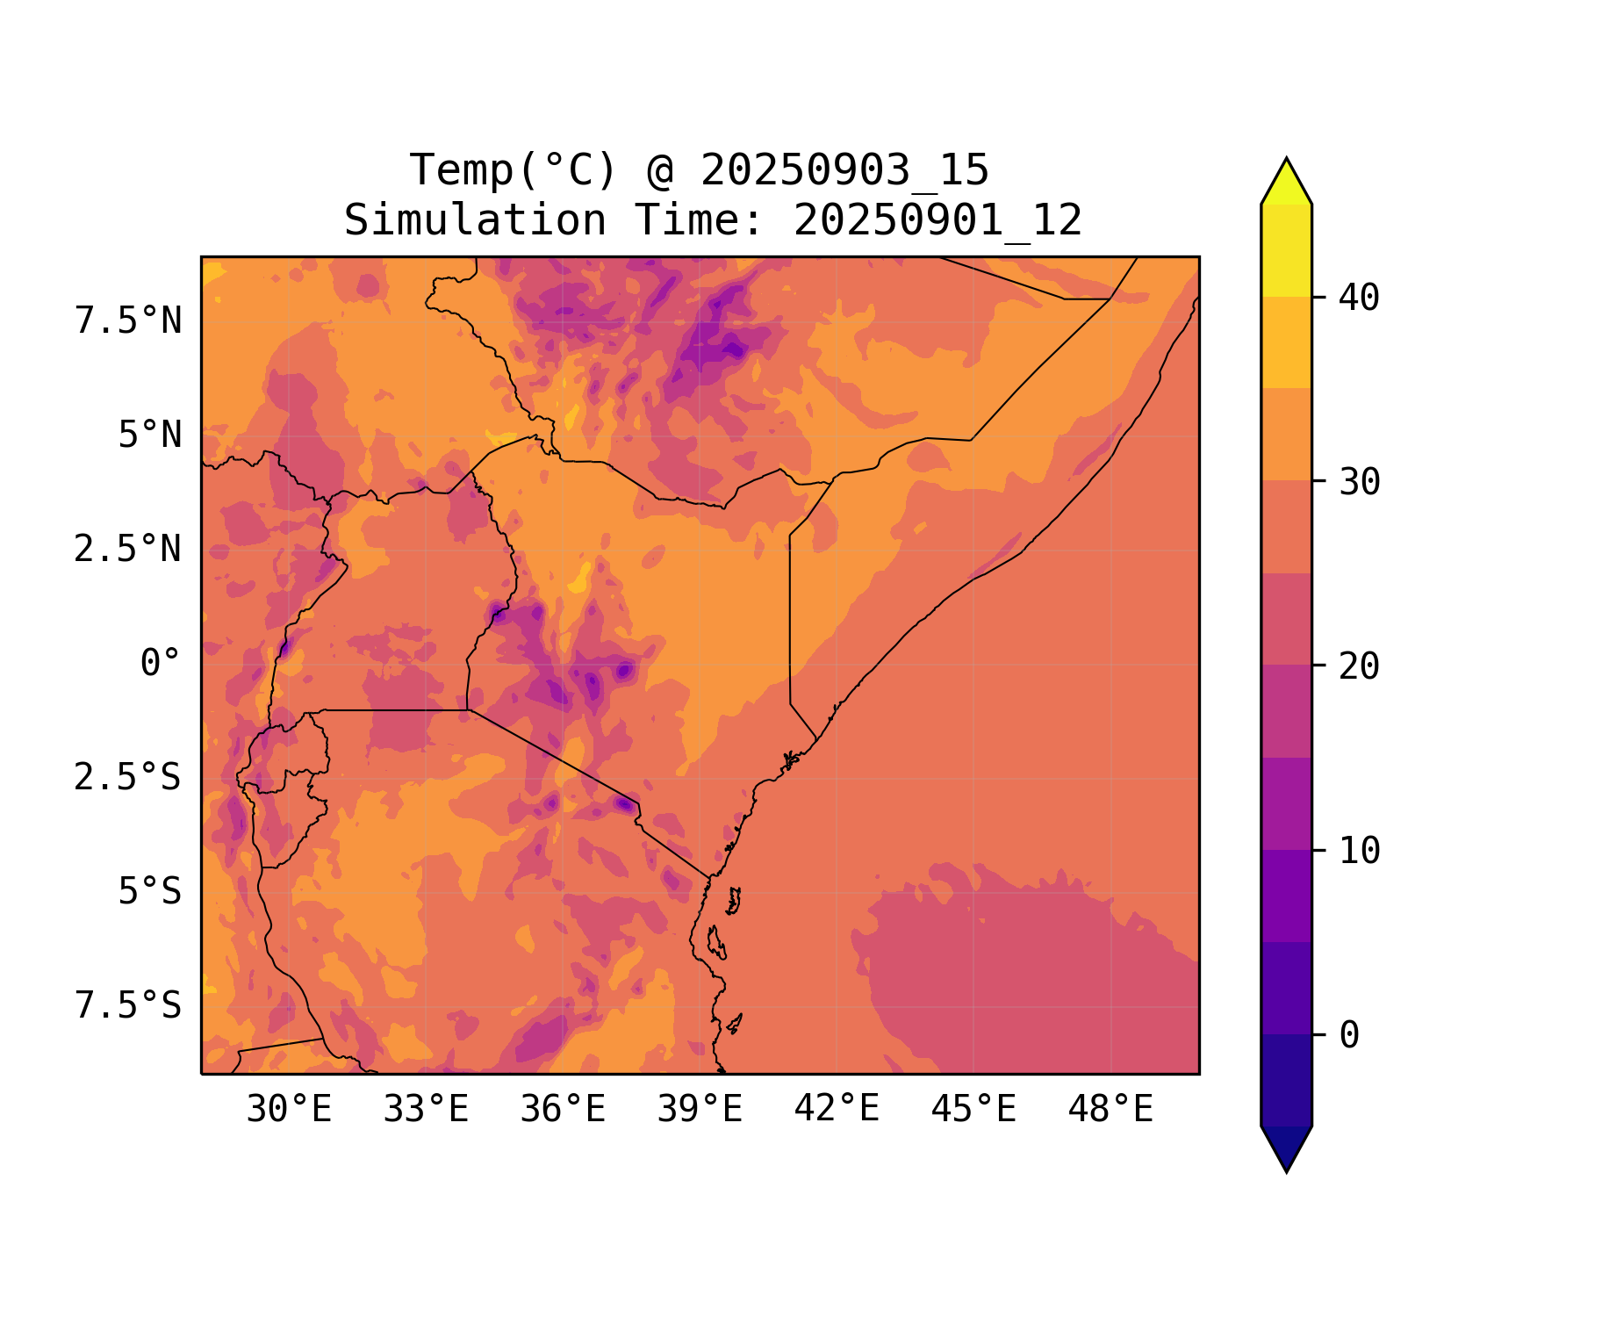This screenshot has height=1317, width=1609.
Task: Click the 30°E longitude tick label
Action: coord(289,1110)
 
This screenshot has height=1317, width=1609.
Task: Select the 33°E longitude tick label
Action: coord(426,1110)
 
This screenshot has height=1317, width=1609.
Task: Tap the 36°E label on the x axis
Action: coord(563,1110)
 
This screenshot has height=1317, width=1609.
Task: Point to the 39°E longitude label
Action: coord(700,1110)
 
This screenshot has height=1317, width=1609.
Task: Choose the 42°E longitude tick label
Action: coord(837,1110)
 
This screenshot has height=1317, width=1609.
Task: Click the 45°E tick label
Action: coord(973,1110)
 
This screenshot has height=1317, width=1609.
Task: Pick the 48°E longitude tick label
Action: coord(1110,1110)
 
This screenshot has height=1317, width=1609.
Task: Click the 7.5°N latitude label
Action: coord(128,321)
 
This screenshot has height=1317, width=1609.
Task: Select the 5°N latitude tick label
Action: coord(149,435)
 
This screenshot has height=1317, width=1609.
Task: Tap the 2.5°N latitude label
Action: coord(128,550)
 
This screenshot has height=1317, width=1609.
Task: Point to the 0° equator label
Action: coord(160,664)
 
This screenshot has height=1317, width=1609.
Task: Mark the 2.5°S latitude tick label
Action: coord(128,778)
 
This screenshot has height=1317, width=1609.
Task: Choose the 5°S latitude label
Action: coord(149,892)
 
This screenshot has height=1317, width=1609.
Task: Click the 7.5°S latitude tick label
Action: coord(128,1006)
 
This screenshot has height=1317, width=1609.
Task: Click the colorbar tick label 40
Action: coord(1360,298)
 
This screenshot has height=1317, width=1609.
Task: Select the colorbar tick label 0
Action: coord(1349,1036)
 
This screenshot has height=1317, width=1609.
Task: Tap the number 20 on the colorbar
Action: coord(1360,666)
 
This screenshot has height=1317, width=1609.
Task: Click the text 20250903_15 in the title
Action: coord(844,170)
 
